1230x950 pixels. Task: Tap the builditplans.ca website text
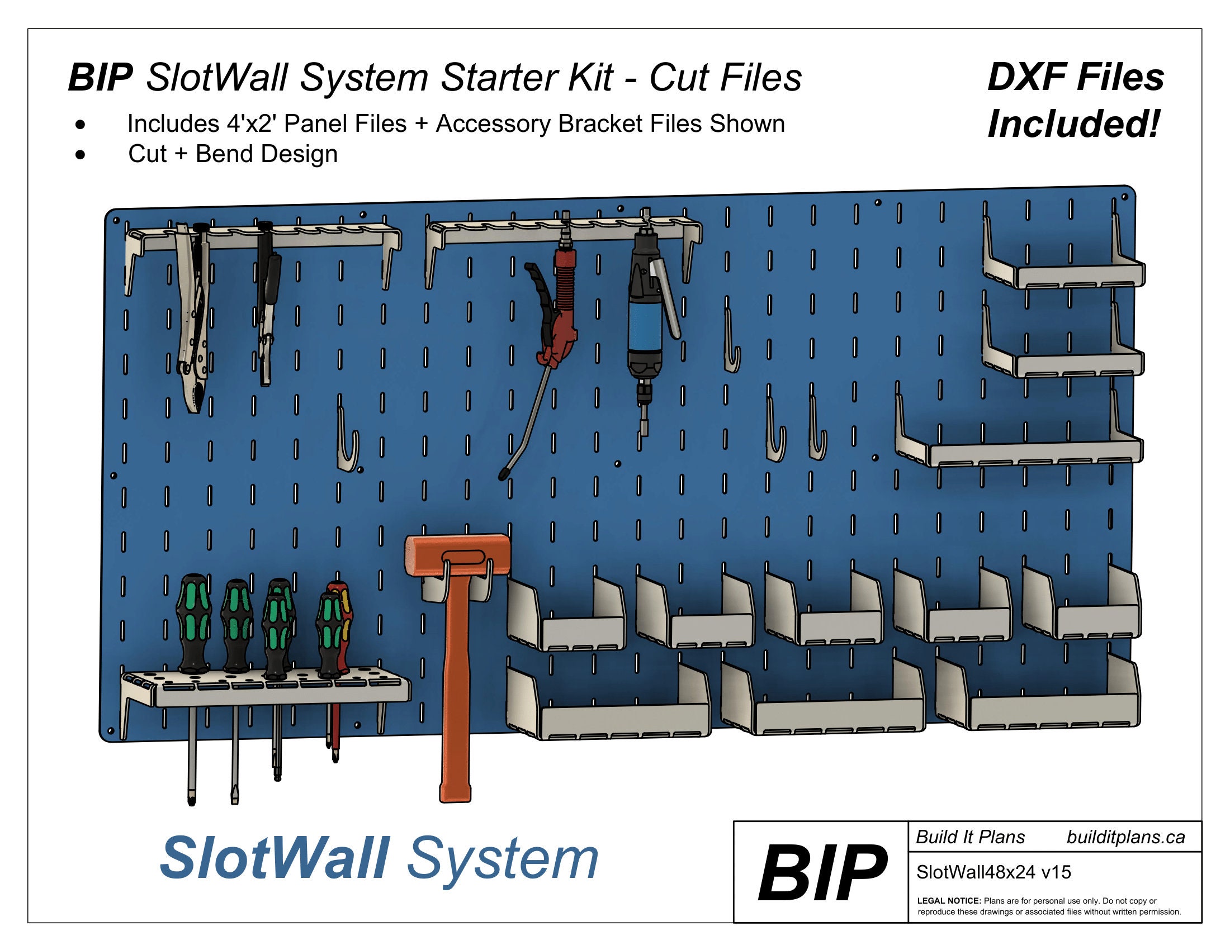[1126, 838]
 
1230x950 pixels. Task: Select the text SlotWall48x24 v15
[994, 872]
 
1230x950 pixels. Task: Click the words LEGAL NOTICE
[949, 901]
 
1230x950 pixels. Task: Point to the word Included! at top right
[1074, 124]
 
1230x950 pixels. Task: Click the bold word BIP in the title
[100, 77]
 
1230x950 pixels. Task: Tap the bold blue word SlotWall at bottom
[275, 858]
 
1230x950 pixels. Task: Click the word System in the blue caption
[503, 861]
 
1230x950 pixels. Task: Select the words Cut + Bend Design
[233, 154]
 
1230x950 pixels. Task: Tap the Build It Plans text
[971, 838]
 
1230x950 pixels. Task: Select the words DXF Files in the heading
[1076, 77]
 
